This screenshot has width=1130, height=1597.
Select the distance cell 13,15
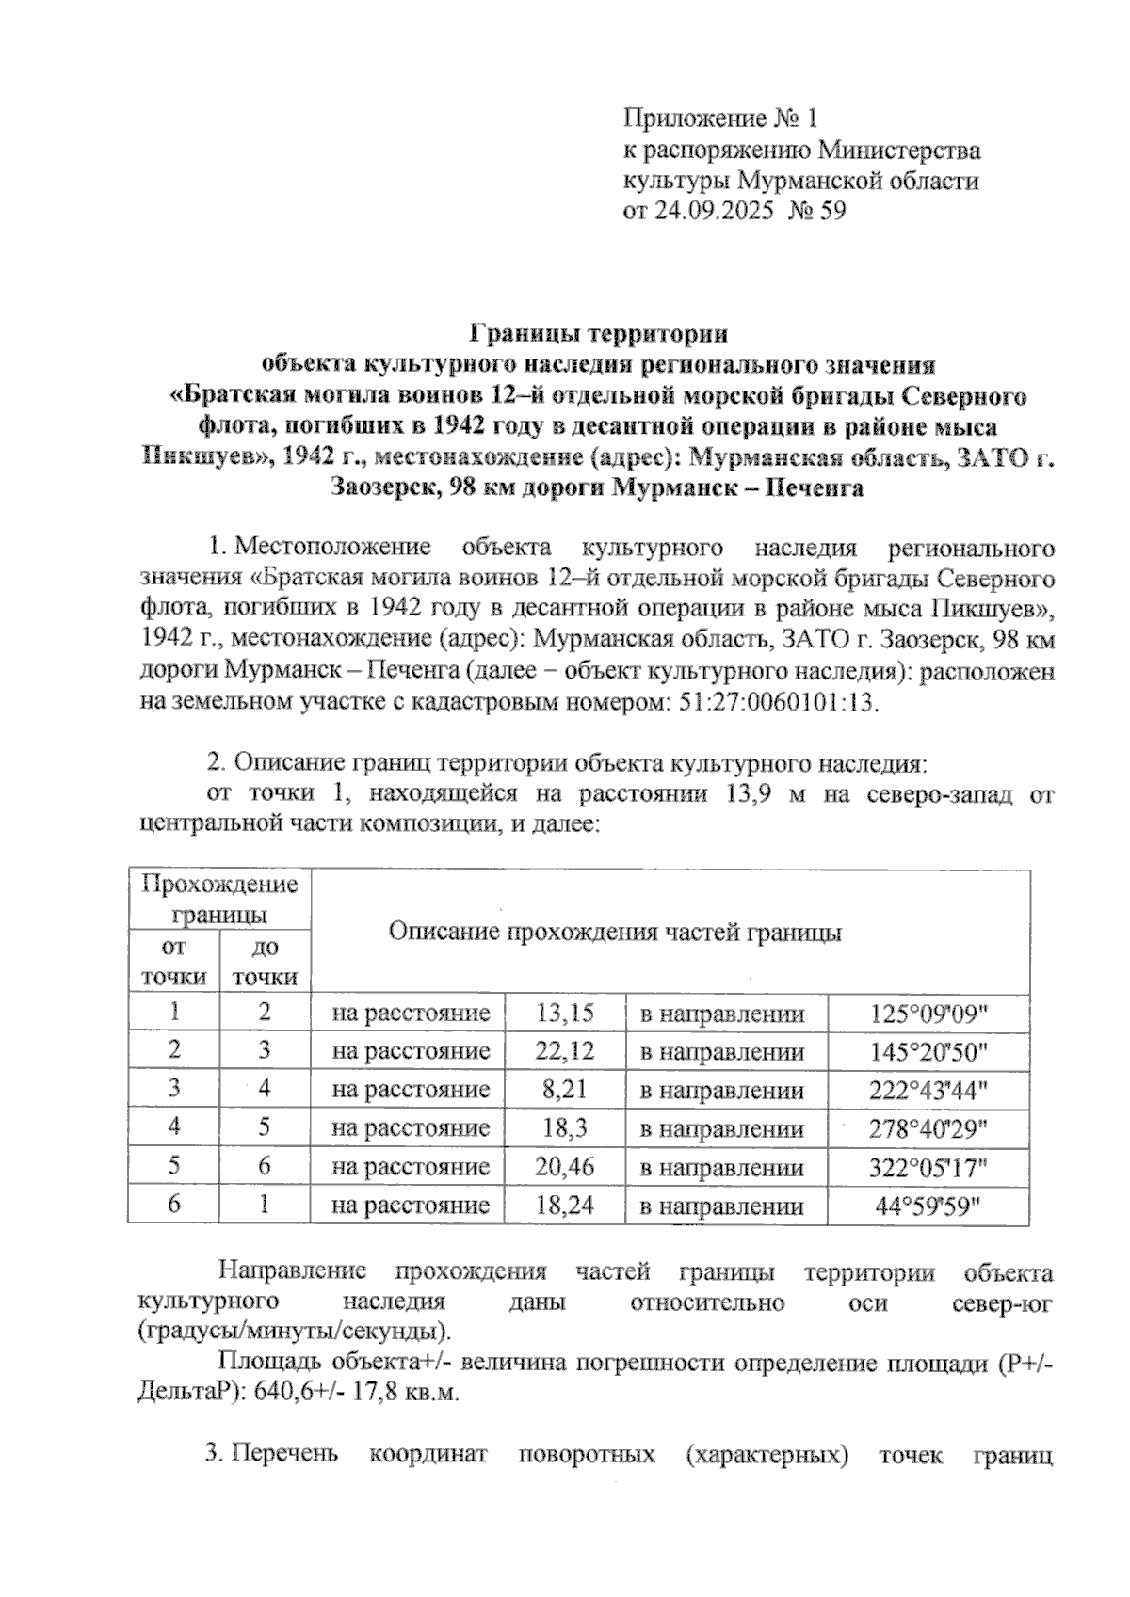[564, 1013]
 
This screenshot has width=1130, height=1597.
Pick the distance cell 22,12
[564, 1051]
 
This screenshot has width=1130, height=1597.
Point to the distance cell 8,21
[564, 1090]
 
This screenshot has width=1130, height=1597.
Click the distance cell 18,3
[564, 1128]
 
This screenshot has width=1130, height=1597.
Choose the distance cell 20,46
[564, 1167]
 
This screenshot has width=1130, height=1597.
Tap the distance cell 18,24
[564, 1206]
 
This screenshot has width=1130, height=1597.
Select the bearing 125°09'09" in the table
[928, 1014]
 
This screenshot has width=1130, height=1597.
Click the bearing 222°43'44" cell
[928, 1091]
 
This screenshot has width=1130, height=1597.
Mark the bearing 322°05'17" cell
[928, 1168]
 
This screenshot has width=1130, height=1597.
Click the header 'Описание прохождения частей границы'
[615, 932]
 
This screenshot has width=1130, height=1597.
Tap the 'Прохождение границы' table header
[219, 899]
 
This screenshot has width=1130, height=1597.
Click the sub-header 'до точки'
[265, 962]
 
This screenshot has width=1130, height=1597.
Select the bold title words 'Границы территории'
[598, 334]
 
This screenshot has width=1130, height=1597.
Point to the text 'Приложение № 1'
[720, 119]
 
